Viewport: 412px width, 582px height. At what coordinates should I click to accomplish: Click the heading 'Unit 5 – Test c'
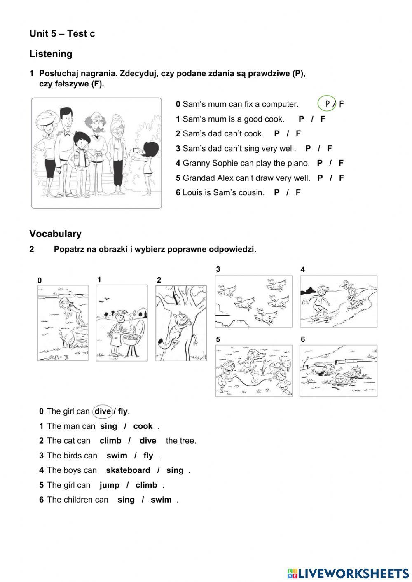(62, 34)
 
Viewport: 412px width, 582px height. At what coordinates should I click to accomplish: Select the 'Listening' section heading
(51, 54)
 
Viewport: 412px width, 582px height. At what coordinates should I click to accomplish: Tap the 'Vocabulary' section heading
(55, 234)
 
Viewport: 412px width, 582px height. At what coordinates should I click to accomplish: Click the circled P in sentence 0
(328, 104)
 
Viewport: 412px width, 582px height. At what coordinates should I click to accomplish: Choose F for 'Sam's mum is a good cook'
(323, 119)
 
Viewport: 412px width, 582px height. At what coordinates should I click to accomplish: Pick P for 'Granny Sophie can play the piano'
(320, 163)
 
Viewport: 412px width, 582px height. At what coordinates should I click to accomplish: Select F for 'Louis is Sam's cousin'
(298, 192)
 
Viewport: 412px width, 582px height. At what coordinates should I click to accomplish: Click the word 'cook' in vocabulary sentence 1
(143, 426)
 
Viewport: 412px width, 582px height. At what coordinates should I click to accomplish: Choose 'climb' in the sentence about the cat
(110, 441)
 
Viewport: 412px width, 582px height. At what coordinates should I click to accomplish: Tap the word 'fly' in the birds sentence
(148, 456)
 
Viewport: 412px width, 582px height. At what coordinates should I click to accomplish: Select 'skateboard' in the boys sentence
(128, 470)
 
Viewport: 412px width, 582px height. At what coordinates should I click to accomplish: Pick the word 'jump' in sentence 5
(109, 485)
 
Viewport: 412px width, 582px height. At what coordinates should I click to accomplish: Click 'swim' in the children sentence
(161, 500)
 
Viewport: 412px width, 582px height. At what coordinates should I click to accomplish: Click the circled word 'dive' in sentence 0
(103, 411)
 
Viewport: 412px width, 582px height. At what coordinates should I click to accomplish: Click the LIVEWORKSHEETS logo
(348, 573)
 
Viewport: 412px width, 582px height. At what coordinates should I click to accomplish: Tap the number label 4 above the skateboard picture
(303, 270)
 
